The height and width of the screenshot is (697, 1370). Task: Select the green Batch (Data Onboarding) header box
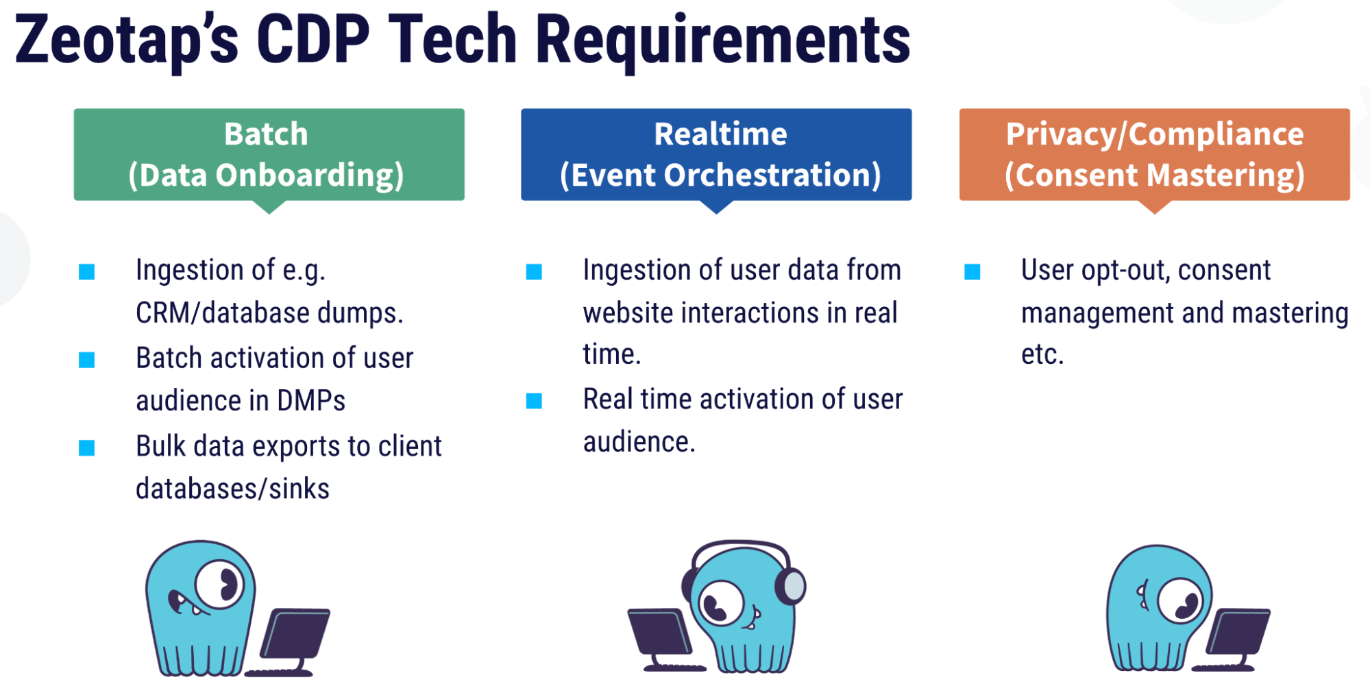(x=269, y=155)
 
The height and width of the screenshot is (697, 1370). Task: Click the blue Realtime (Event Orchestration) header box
(x=716, y=155)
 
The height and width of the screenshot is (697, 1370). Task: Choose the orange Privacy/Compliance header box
(x=1155, y=155)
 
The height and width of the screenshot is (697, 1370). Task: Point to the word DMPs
(x=311, y=400)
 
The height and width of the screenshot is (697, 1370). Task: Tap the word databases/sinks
(x=232, y=489)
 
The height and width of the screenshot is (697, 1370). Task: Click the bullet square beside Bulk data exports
(x=87, y=448)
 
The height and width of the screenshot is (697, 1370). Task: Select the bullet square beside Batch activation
(x=87, y=360)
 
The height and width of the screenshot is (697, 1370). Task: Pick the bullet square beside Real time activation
(x=534, y=401)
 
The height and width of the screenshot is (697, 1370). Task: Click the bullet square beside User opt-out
(x=973, y=272)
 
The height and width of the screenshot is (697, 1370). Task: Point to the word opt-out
(x=1125, y=271)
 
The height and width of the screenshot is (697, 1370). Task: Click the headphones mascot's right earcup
(x=792, y=586)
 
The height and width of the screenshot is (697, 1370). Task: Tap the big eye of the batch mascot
(x=219, y=584)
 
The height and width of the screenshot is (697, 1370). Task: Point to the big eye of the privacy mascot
(x=1180, y=600)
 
